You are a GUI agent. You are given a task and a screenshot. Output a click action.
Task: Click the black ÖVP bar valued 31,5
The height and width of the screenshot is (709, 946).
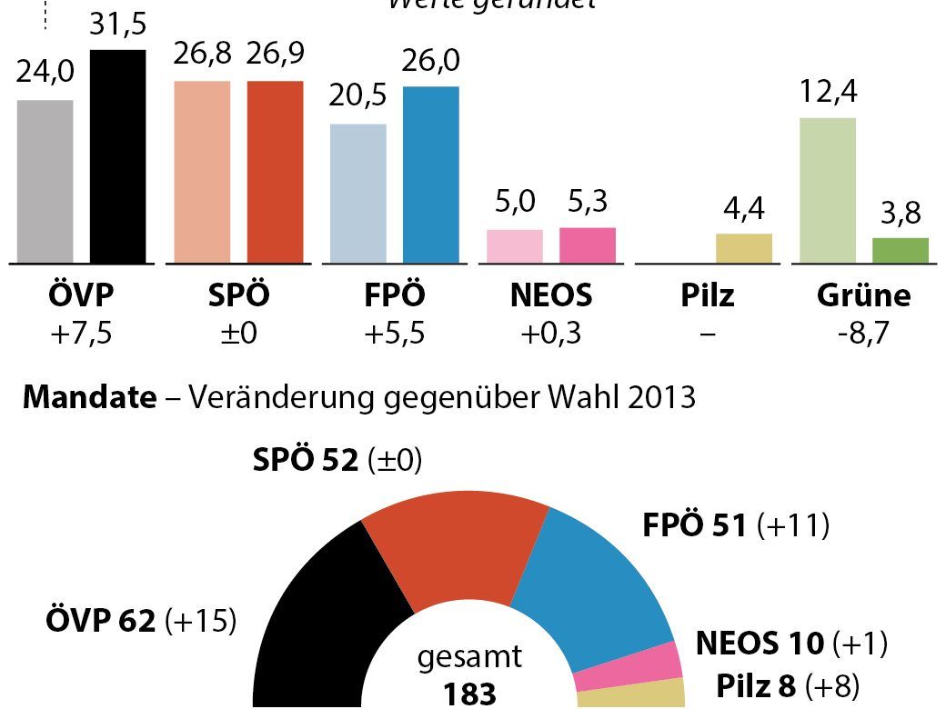[117, 156]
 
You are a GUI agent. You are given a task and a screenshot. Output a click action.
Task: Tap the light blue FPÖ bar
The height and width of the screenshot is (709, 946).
[357, 194]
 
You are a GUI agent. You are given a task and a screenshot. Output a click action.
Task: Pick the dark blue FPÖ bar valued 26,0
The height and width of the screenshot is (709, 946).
[430, 175]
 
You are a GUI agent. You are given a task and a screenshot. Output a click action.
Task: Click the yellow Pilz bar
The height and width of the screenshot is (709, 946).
[743, 248]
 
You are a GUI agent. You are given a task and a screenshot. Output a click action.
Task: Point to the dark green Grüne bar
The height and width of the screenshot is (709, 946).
[900, 251]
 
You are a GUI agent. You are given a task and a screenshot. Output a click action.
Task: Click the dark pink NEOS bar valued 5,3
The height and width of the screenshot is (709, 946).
[587, 245]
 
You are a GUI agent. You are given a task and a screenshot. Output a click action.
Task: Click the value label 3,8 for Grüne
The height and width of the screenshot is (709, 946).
[900, 214]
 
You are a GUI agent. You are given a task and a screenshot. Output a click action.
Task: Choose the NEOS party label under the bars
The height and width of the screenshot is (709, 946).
[550, 295]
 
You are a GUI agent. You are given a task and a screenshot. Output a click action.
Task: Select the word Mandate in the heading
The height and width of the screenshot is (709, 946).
[89, 398]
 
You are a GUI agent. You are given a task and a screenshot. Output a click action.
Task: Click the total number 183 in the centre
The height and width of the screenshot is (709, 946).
[470, 694]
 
